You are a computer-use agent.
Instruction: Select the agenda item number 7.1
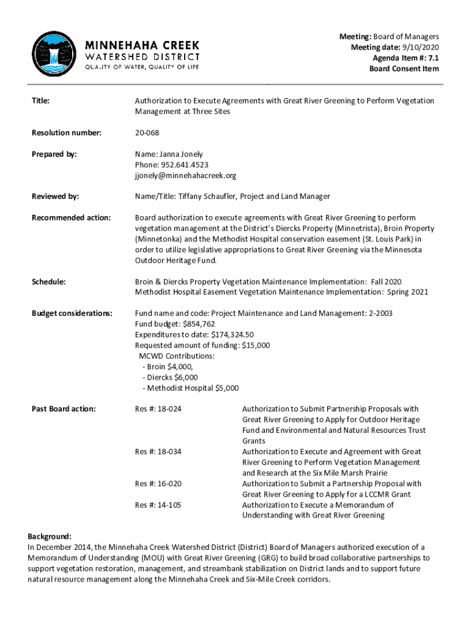pos(432,58)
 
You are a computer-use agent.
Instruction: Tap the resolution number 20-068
pos(147,133)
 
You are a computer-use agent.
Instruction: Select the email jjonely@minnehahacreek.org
pos(185,175)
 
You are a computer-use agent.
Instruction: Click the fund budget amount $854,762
pos(197,324)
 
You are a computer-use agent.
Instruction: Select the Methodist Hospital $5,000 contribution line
pos(190,388)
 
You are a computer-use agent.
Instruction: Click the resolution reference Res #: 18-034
pos(158,451)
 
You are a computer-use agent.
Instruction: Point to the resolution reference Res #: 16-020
pos(158,484)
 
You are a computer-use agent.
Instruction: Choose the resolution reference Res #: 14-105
pos(158,505)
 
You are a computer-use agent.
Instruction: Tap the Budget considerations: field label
pos(72,313)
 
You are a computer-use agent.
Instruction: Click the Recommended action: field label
pos(71,217)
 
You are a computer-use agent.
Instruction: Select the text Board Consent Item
pos(404,69)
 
